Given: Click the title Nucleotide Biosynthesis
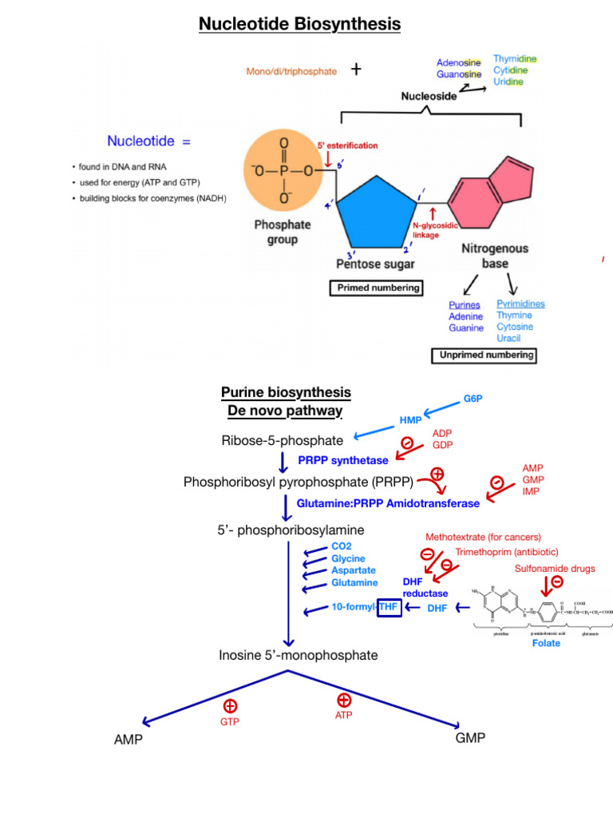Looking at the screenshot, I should [299, 25].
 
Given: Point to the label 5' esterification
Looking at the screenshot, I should [348, 145].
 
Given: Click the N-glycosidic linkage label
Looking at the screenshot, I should [435, 231].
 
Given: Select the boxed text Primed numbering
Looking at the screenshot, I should [376, 288].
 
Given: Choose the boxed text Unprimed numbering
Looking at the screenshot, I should [484, 355].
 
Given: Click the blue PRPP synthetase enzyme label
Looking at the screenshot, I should [343, 460].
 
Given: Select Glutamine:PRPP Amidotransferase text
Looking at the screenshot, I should [388, 503].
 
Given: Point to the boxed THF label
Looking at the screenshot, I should [389, 608].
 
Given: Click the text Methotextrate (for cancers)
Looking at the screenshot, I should [483, 537].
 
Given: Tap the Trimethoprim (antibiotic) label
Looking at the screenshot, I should [507, 552].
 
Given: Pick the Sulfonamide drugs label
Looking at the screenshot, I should [554, 569].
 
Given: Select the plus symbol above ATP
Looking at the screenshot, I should [345, 700].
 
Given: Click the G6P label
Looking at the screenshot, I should [473, 399].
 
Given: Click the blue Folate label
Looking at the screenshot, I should [546, 643].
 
